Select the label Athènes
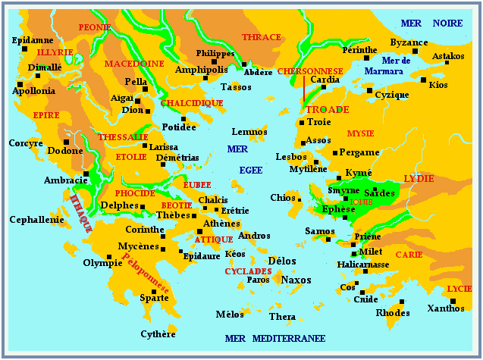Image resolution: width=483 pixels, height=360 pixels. pos(222,224)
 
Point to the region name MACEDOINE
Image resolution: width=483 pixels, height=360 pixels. pos(134,64)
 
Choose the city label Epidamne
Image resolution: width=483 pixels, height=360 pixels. pos(33,39)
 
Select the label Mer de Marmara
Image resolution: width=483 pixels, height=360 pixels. pos(395,66)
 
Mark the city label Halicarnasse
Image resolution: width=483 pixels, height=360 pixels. pos(363,265)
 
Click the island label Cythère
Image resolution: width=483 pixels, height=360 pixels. pos(158,333)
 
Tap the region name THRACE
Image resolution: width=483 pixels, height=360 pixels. pos(262,37)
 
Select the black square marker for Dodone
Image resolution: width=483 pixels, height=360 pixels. pos(67,142)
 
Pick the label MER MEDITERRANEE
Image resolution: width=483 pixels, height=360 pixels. pos(276,337)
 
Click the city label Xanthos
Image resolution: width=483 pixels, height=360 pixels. pos(446,308)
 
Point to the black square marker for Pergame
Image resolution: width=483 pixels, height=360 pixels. pos(335,153)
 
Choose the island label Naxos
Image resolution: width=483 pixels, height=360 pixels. pos(296,280)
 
